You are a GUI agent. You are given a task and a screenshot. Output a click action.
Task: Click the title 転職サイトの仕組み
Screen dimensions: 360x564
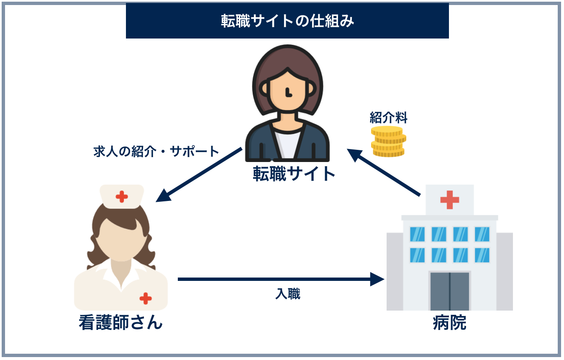point(287,21)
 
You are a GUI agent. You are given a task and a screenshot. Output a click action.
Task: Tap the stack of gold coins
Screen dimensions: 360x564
point(388,141)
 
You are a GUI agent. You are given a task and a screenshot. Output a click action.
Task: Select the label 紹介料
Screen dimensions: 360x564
point(388,118)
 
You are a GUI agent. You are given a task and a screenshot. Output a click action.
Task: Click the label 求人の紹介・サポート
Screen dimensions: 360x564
point(156,152)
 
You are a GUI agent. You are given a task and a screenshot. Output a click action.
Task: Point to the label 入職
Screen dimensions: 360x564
point(288,294)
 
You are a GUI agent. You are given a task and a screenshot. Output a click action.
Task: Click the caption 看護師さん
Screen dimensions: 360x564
point(120,323)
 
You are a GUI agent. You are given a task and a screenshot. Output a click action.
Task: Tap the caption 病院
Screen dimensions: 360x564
point(449,323)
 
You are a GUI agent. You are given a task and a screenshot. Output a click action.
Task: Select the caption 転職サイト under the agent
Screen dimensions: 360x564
point(295,174)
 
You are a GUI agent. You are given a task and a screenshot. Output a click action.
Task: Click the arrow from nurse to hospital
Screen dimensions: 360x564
point(280,279)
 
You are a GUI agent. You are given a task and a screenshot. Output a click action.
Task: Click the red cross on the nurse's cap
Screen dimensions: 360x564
point(122,196)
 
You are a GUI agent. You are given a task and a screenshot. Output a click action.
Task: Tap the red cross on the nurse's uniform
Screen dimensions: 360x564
point(146,298)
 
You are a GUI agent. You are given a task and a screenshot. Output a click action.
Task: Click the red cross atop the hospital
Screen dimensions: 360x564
point(449,200)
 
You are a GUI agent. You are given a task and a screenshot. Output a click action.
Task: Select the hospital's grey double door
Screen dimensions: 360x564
point(449,291)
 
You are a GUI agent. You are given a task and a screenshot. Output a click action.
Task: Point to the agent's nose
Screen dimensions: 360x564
point(288,92)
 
